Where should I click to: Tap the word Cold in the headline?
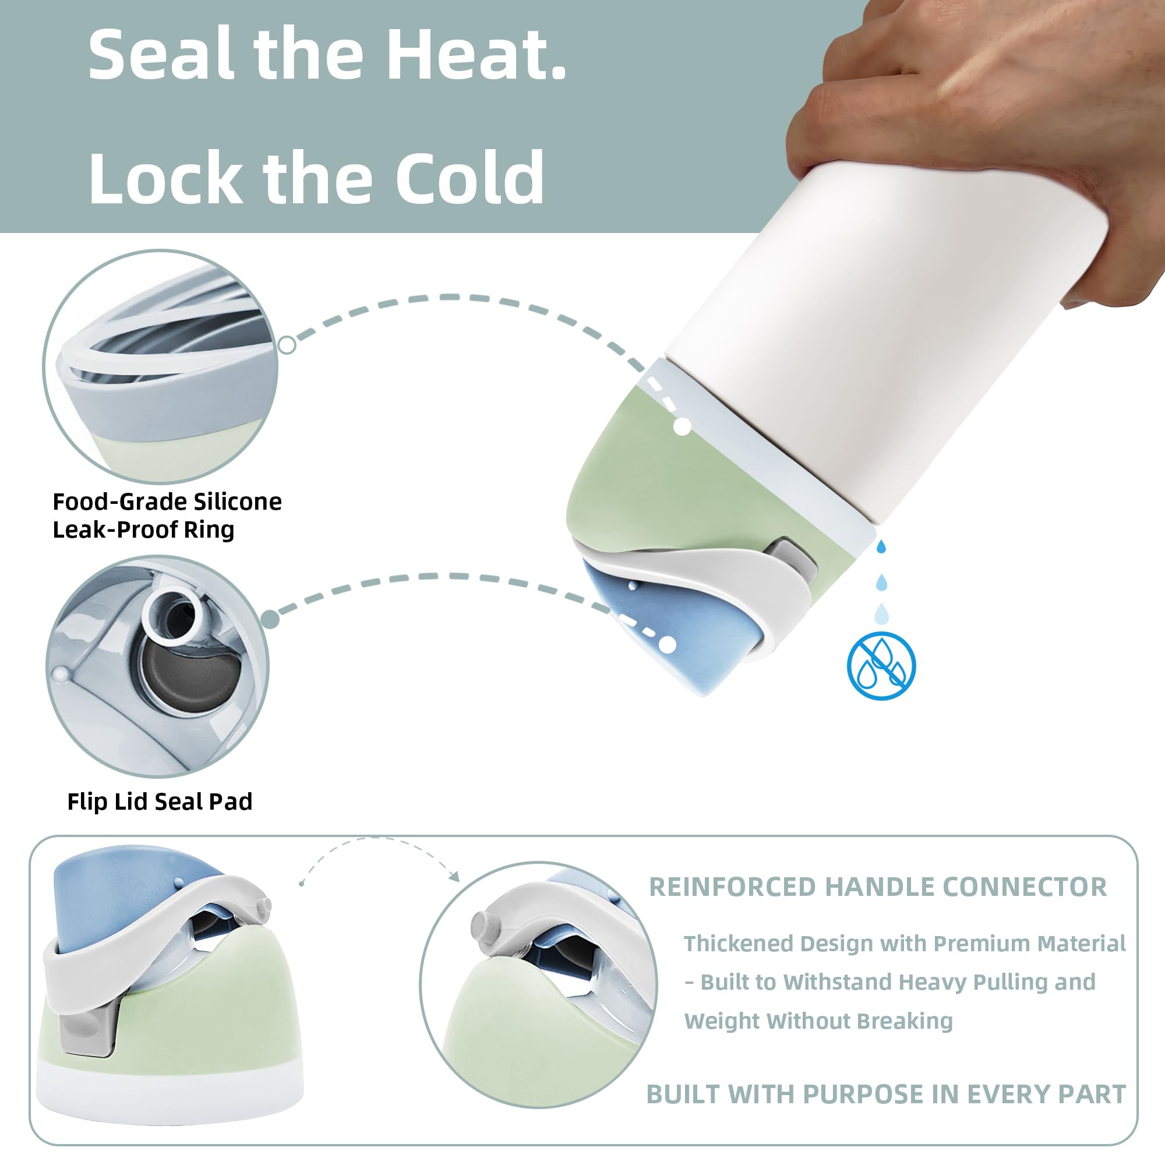[469, 178]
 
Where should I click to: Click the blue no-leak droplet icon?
[881, 666]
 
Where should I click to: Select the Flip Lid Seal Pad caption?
[160, 802]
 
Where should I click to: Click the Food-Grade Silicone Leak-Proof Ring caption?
[167, 516]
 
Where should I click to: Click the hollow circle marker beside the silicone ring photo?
[287, 345]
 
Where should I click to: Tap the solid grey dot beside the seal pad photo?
[271, 619]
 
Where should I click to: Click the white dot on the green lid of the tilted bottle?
[682, 427]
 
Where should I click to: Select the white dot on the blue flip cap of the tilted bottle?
[667, 645]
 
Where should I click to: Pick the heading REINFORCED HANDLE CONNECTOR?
[877, 887]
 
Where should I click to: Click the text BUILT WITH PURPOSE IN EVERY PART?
[886, 1095]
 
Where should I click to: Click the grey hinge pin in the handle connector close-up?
[482, 924]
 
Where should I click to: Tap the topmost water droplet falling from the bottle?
[881, 546]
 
